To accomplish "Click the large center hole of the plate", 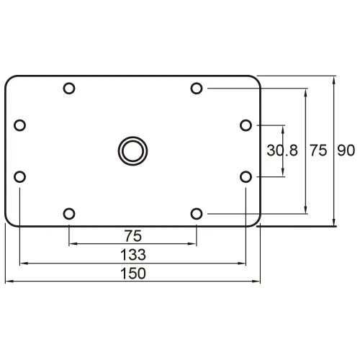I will [132, 150].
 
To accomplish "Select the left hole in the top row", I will [69, 89].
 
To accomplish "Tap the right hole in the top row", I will [197, 89].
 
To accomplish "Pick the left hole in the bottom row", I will [69, 213].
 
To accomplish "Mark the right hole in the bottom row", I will [197, 213].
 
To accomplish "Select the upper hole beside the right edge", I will [246, 125].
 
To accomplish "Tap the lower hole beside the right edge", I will [246, 176].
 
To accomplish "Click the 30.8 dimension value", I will [282, 150].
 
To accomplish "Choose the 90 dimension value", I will [346, 150].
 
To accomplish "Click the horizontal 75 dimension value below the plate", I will [132, 235].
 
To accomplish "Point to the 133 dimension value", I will [132, 254].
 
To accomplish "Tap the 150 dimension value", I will [132, 273].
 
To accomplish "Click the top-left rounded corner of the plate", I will [9, 79].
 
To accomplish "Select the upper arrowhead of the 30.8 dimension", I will [284, 129].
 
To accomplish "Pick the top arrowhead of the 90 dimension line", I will [334, 78].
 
